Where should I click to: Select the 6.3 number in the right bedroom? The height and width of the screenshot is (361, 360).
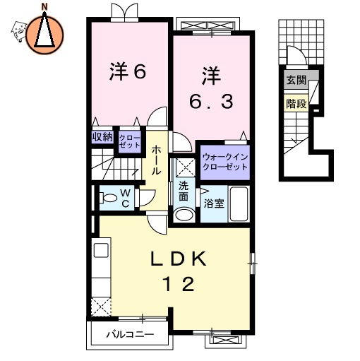coord(210,101)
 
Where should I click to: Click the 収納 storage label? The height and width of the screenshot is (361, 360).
coord(102,137)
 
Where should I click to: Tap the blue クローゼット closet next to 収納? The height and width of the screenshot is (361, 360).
coord(129,140)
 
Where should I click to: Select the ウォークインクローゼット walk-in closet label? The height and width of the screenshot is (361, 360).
coord(225,161)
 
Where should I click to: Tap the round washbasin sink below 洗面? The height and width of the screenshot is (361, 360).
coord(184,215)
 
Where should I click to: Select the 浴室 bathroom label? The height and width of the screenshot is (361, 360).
coord(215,203)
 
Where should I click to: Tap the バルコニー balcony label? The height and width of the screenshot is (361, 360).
coord(126,333)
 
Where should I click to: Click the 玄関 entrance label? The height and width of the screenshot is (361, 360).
coord(296,81)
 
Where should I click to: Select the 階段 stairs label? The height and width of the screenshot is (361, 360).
coord(296,104)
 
